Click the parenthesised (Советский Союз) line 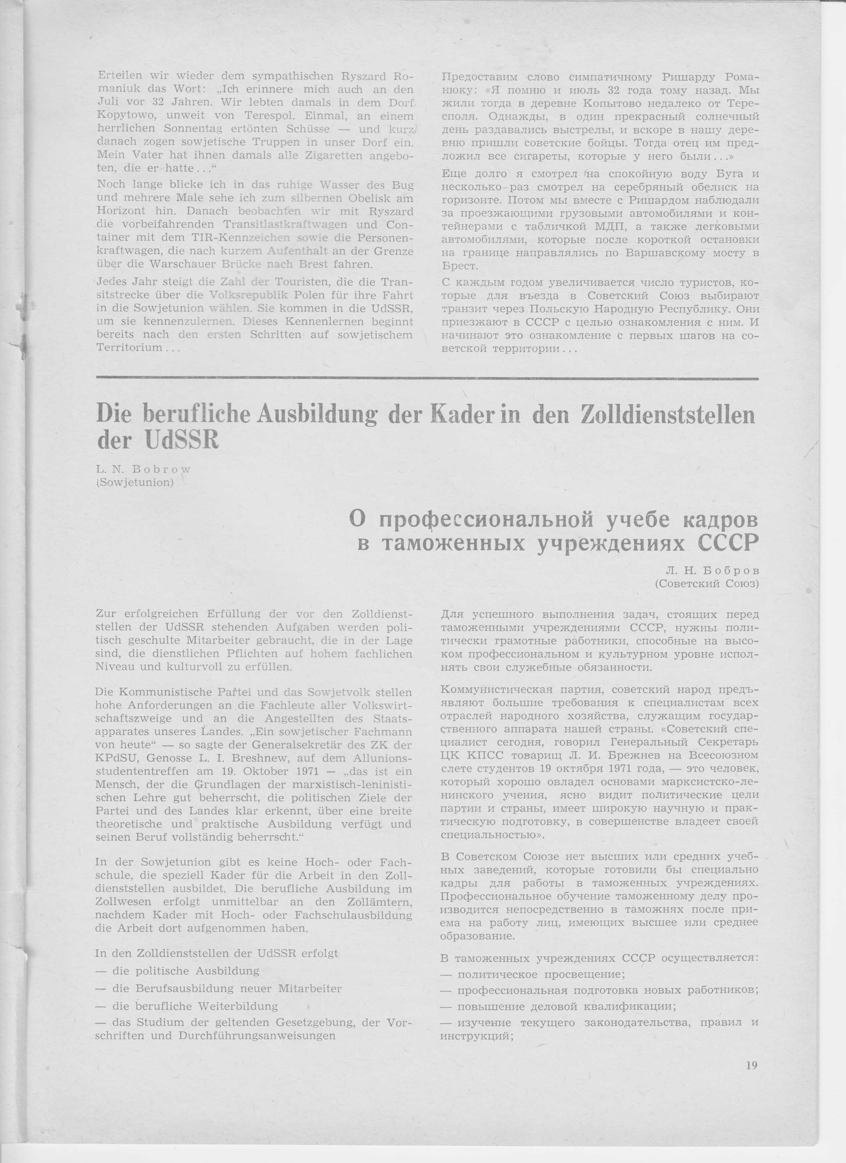[707, 583]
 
